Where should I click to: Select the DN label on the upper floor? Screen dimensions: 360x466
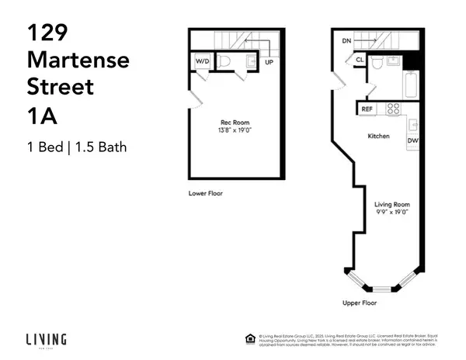point(346,40)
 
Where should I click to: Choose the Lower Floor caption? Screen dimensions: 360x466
point(205,192)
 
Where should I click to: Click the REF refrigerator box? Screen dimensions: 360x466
point(367,109)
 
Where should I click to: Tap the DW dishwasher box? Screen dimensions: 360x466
point(412,140)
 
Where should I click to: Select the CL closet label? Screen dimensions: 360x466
point(360,59)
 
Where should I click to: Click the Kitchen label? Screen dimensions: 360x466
point(378,137)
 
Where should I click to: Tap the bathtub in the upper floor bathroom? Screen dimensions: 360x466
point(411,83)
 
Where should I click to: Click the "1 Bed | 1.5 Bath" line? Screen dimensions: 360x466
point(76,145)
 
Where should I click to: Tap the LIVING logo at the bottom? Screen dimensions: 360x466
point(47,339)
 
